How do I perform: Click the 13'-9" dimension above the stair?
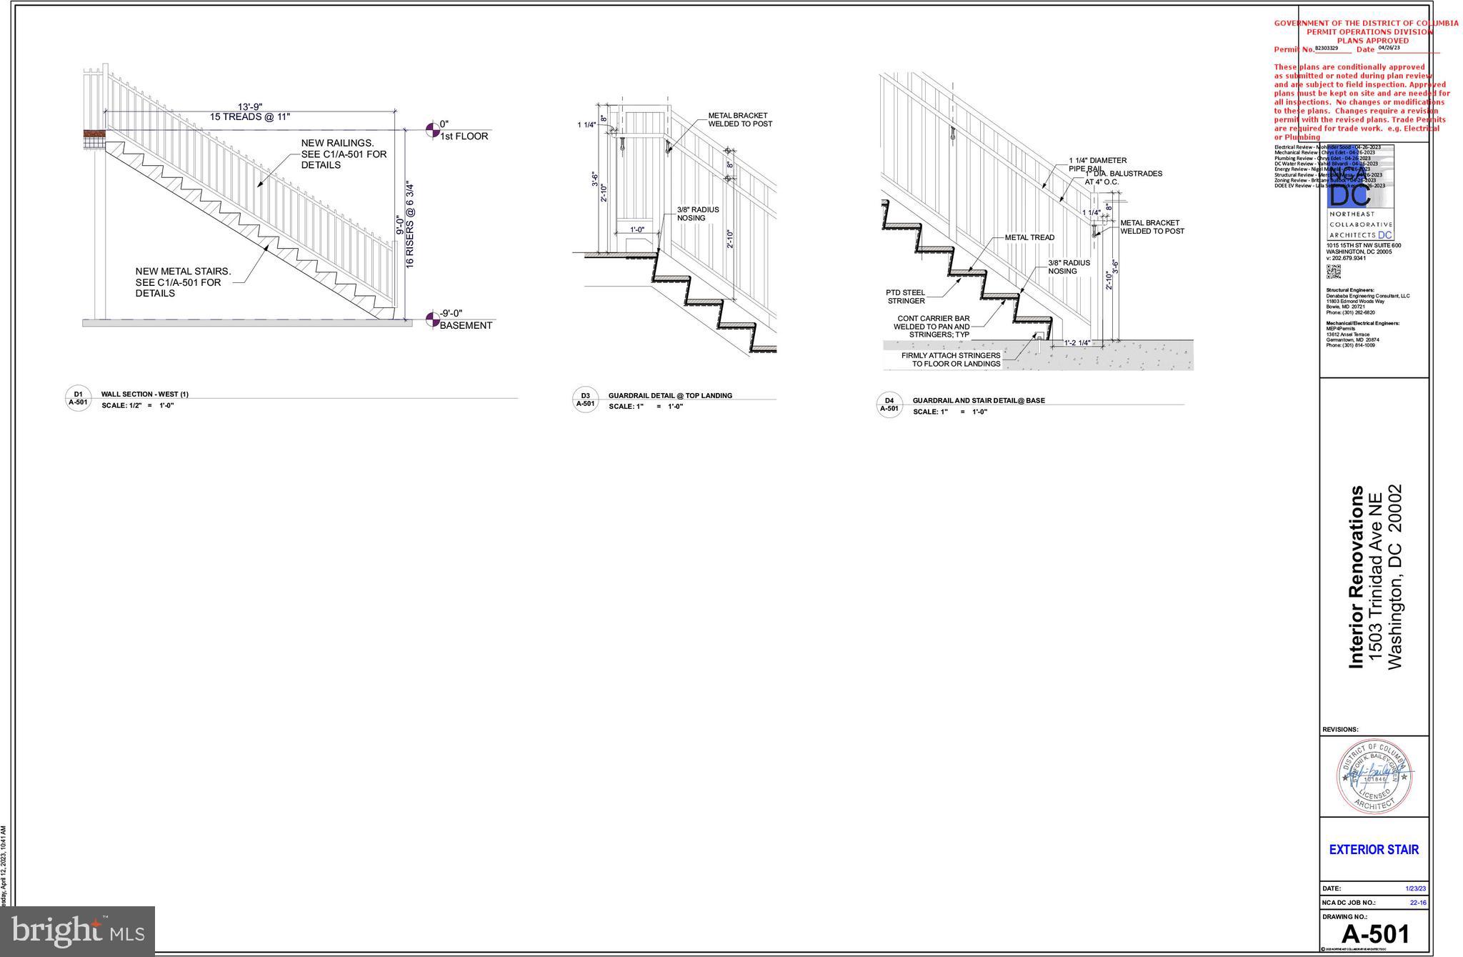(250, 106)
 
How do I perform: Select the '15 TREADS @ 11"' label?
(250, 116)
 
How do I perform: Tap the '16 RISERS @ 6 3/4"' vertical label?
(410, 224)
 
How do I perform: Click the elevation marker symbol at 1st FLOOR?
(432, 130)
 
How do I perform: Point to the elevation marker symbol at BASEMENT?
(432, 319)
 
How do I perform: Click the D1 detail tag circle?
(78, 398)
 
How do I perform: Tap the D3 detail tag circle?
(585, 400)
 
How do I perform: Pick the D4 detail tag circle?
(889, 405)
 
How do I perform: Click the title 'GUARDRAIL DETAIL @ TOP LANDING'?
(669, 395)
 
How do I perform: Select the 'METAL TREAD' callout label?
(1029, 237)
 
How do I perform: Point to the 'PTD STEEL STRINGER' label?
(906, 297)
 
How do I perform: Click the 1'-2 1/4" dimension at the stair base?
(1077, 343)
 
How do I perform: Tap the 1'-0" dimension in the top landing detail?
(637, 230)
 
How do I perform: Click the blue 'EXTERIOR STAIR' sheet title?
(1374, 850)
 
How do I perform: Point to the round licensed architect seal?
(1374, 776)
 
